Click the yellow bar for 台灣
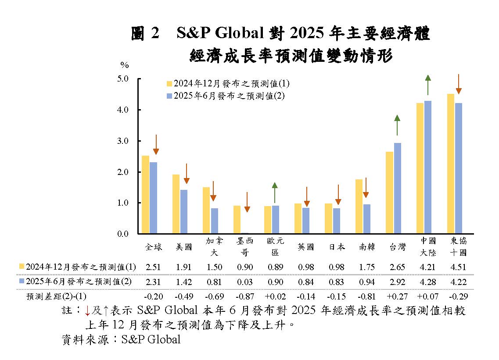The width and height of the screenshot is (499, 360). coord(389,192)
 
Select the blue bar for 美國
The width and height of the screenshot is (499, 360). coord(183,212)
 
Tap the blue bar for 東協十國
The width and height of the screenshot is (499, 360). coord(458,168)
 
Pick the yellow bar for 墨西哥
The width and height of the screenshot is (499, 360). coord(237,220)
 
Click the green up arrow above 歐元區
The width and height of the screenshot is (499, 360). coord(275,192)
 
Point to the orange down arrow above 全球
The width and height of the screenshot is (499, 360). coord(156,145)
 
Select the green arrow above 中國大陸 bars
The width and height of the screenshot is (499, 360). coord(428,85)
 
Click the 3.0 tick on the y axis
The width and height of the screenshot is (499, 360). coord(129,141)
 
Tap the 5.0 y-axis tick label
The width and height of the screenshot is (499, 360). coord(129,79)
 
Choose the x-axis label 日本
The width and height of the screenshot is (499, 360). coord(337,247)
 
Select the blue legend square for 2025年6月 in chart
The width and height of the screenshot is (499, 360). coord(169,96)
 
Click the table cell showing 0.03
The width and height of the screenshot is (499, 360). coord(245,282)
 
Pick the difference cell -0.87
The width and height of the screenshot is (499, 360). coord(245,296)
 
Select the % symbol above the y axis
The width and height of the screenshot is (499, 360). coord(125,65)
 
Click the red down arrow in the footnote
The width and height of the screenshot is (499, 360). coord(87,311)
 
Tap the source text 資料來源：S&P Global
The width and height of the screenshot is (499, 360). coord(121,339)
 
